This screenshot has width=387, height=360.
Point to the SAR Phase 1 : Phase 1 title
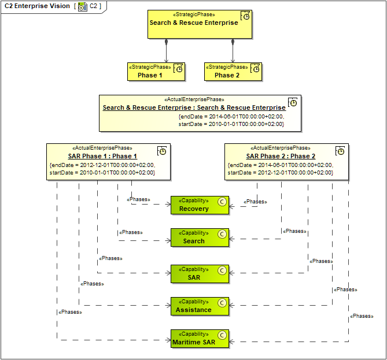tap(102, 156)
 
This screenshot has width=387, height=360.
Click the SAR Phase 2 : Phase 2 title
tap(281, 156)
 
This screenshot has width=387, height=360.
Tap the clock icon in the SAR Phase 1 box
tap(163, 151)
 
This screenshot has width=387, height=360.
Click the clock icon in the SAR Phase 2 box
tap(341, 151)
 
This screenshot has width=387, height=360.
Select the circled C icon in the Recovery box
tap(221, 202)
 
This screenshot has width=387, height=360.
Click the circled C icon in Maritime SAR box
tap(221, 335)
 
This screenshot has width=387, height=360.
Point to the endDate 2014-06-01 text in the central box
tap(231, 116)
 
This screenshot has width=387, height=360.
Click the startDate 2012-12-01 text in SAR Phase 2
tap(281, 172)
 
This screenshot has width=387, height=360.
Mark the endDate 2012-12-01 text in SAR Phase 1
tap(102, 165)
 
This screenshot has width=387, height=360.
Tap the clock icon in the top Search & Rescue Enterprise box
tap(245, 16)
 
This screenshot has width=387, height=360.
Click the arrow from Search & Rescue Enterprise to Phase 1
tap(167, 51)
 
